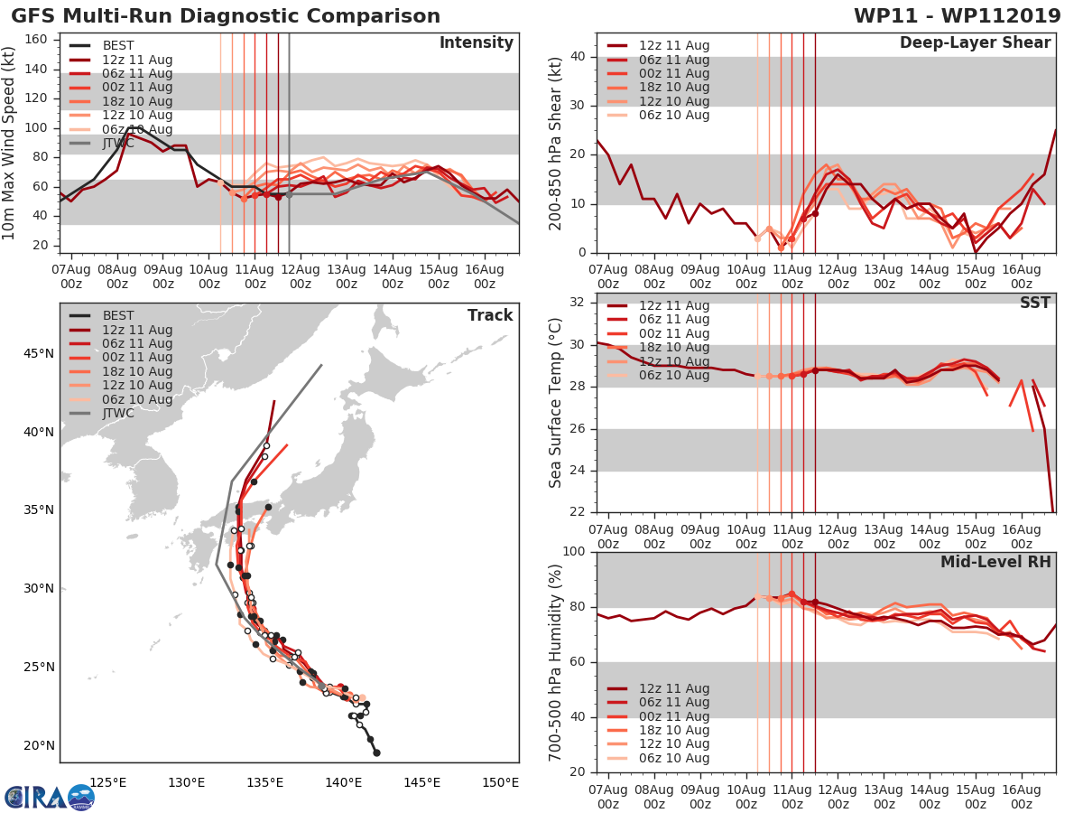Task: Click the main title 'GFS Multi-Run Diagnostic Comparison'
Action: [226, 16]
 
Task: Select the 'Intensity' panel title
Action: [476, 43]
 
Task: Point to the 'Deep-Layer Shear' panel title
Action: [975, 43]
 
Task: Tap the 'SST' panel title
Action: [1035, 303]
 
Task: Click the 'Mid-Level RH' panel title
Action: [995, 562]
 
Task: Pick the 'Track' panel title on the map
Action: [490, 315]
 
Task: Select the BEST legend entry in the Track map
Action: [118, 315]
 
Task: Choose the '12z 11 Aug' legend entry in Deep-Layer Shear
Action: [673, 46]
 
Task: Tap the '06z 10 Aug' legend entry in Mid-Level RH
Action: [673, 758]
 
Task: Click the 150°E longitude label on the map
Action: [500, 782]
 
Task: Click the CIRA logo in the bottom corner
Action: [49, 797]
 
